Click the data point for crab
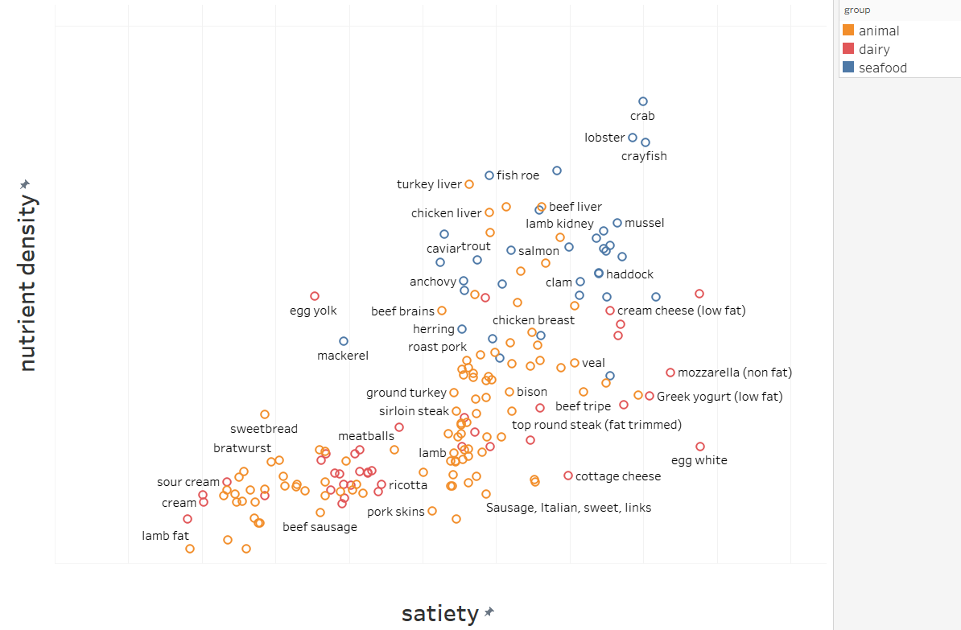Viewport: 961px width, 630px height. point(643,101)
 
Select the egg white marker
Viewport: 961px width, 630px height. point(700,447)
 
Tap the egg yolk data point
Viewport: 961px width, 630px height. point(315,296)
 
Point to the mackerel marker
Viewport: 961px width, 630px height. point(344,341)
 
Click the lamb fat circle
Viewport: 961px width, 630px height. point(190,549)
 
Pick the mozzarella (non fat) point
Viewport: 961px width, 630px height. point(670,373)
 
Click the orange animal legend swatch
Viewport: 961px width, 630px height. point(848,31)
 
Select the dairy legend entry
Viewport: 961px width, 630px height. point(874,49)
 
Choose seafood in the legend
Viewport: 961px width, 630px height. point(882,68)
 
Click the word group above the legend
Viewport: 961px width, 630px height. point(856,10)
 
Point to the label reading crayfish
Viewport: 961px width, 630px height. point(644,156)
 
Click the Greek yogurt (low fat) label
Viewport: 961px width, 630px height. point(720,396)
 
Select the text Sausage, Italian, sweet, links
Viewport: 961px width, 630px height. point(568,508)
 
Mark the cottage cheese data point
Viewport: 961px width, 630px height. point(568,476)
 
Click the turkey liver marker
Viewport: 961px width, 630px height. point(469,184)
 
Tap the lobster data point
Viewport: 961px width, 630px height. point(633,138)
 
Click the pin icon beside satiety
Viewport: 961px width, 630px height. point(489,612)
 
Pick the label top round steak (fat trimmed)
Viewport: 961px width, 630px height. point(596,424)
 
